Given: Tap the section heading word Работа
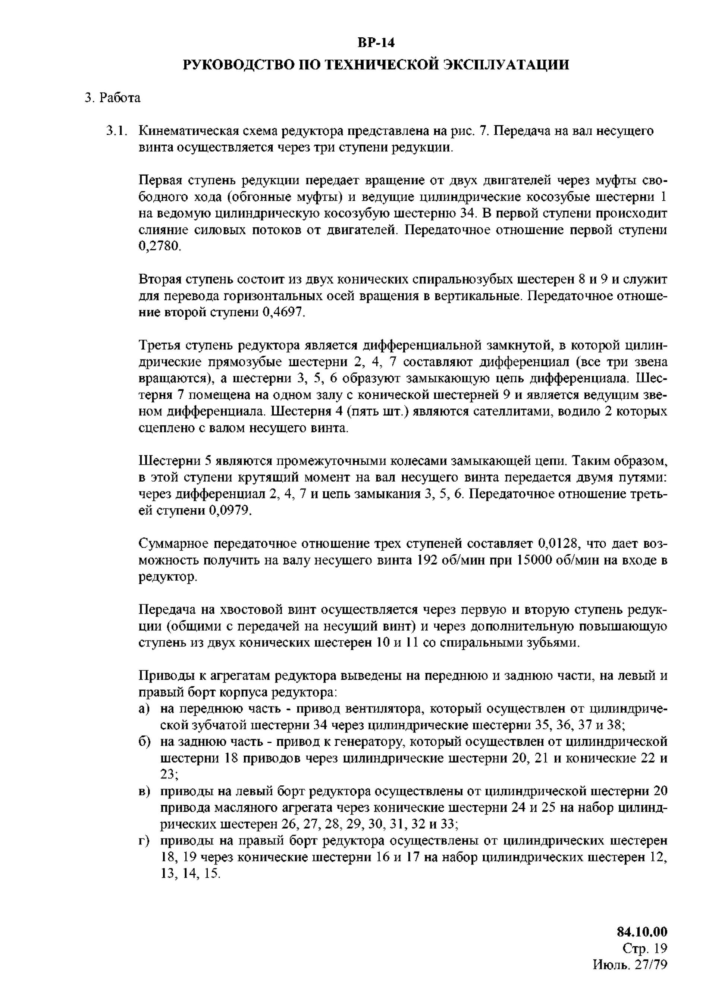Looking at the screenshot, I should pyautogui.click(x=120, y=98).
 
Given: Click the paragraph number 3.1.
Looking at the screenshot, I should pyautogui.click(x=116, y=131).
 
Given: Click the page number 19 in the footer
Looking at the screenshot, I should pyautogui.click(x=659, y=949).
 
